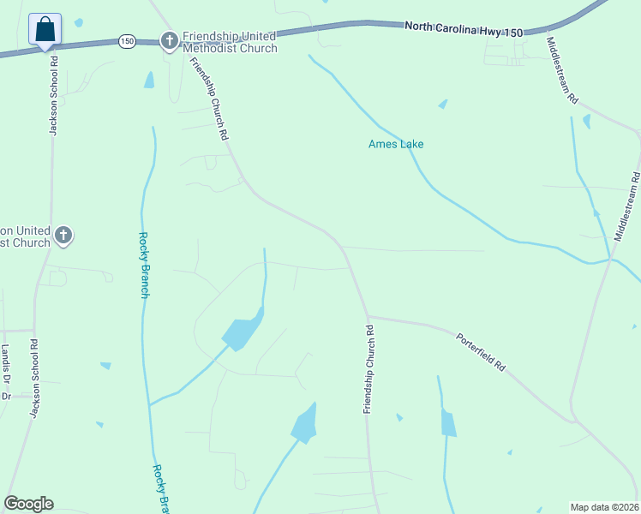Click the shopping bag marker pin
45,29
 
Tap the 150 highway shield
127,41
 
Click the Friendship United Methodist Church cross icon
170,40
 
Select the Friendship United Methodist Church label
230,42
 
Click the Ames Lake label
396,144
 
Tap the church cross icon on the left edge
63,234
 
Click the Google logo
28,504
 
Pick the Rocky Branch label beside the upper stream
145,266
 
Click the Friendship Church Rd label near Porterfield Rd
368,369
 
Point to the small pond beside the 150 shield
150,80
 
